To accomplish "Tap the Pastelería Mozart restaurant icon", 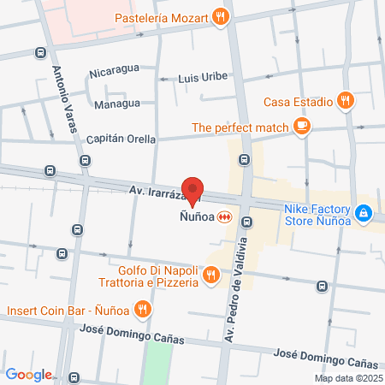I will [221, 15].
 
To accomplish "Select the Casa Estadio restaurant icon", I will [345, 100].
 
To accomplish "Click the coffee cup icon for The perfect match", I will [301, 127].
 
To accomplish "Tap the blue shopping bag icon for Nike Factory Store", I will [364, 211].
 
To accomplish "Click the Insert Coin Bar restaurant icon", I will [144, 309].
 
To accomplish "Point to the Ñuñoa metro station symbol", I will [225, 216].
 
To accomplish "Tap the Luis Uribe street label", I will [203, 77].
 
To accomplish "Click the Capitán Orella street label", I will [118, 139].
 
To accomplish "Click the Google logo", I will [28, 374].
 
